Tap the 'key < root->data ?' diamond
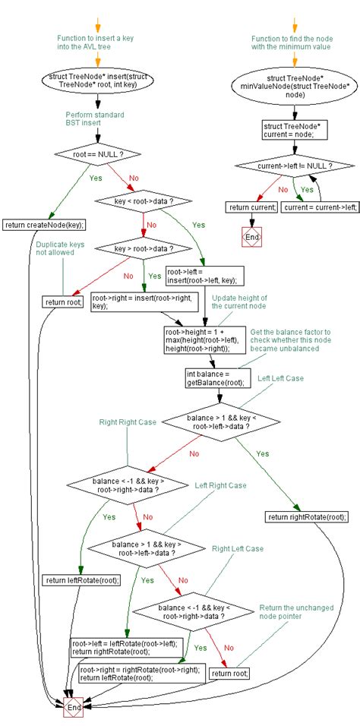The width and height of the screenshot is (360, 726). coord(143,201)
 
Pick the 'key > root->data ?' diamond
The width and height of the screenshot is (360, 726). coord(143,248)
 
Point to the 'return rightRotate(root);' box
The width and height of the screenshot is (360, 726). coord(307,516)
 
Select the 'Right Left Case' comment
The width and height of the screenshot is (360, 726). coord(238,548)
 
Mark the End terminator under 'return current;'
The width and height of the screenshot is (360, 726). coord(251,238)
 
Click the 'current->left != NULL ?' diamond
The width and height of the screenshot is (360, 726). coord(283,165)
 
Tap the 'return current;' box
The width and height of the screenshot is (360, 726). coord(251,207)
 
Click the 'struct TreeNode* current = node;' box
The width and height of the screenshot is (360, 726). coord(283,130)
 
